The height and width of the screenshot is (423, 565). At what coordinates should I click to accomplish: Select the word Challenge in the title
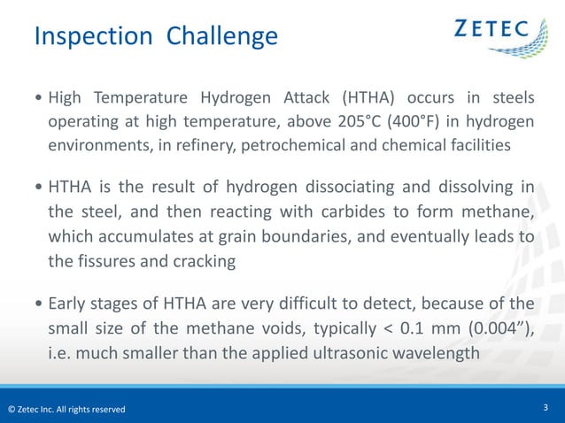pos(221,36)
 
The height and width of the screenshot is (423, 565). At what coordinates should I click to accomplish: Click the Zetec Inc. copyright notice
pos(66,409)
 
